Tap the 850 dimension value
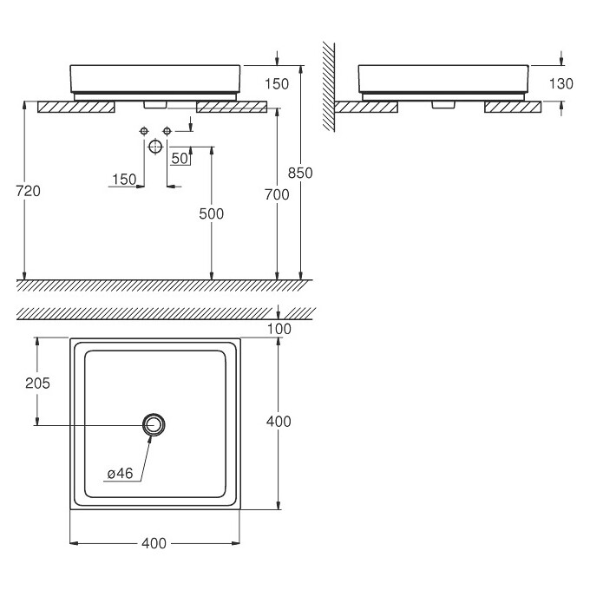[x=300, y=173]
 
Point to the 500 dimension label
[x=211, y=213]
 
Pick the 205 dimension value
[x=37, y=382]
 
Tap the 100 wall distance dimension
[x=279, y=328]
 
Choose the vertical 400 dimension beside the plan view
[x=279, y=422]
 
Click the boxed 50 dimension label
[x=180, y=158]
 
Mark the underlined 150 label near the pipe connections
[x=124, y=180]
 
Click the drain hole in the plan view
[x=154, y=423]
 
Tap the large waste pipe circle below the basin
[x=154, y=147]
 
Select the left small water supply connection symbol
[x=143, y=130]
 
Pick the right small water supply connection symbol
[x=167, y=130]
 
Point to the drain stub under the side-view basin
[x=443, y=104]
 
